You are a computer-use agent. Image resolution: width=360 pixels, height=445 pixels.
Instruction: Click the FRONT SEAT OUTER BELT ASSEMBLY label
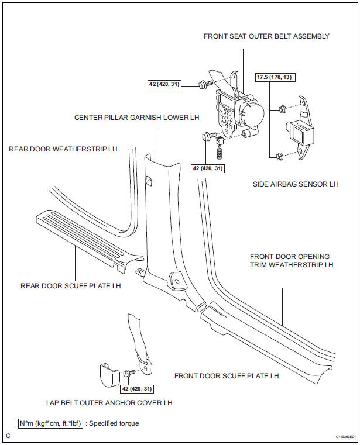266,36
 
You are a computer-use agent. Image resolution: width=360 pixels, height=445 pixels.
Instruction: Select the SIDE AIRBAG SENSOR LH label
296,184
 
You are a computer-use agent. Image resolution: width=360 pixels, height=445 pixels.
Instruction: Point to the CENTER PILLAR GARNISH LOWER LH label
136,118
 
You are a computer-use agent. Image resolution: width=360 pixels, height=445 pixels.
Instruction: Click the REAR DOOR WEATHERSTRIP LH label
63,149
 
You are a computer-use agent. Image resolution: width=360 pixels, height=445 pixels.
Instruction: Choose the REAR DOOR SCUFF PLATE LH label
70,286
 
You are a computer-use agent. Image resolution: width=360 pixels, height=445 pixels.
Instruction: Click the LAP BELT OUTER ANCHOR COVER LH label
109,402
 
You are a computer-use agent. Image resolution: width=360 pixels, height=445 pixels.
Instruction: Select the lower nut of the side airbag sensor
280,156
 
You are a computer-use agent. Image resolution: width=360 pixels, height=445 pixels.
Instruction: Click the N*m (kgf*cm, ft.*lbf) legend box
51,423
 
